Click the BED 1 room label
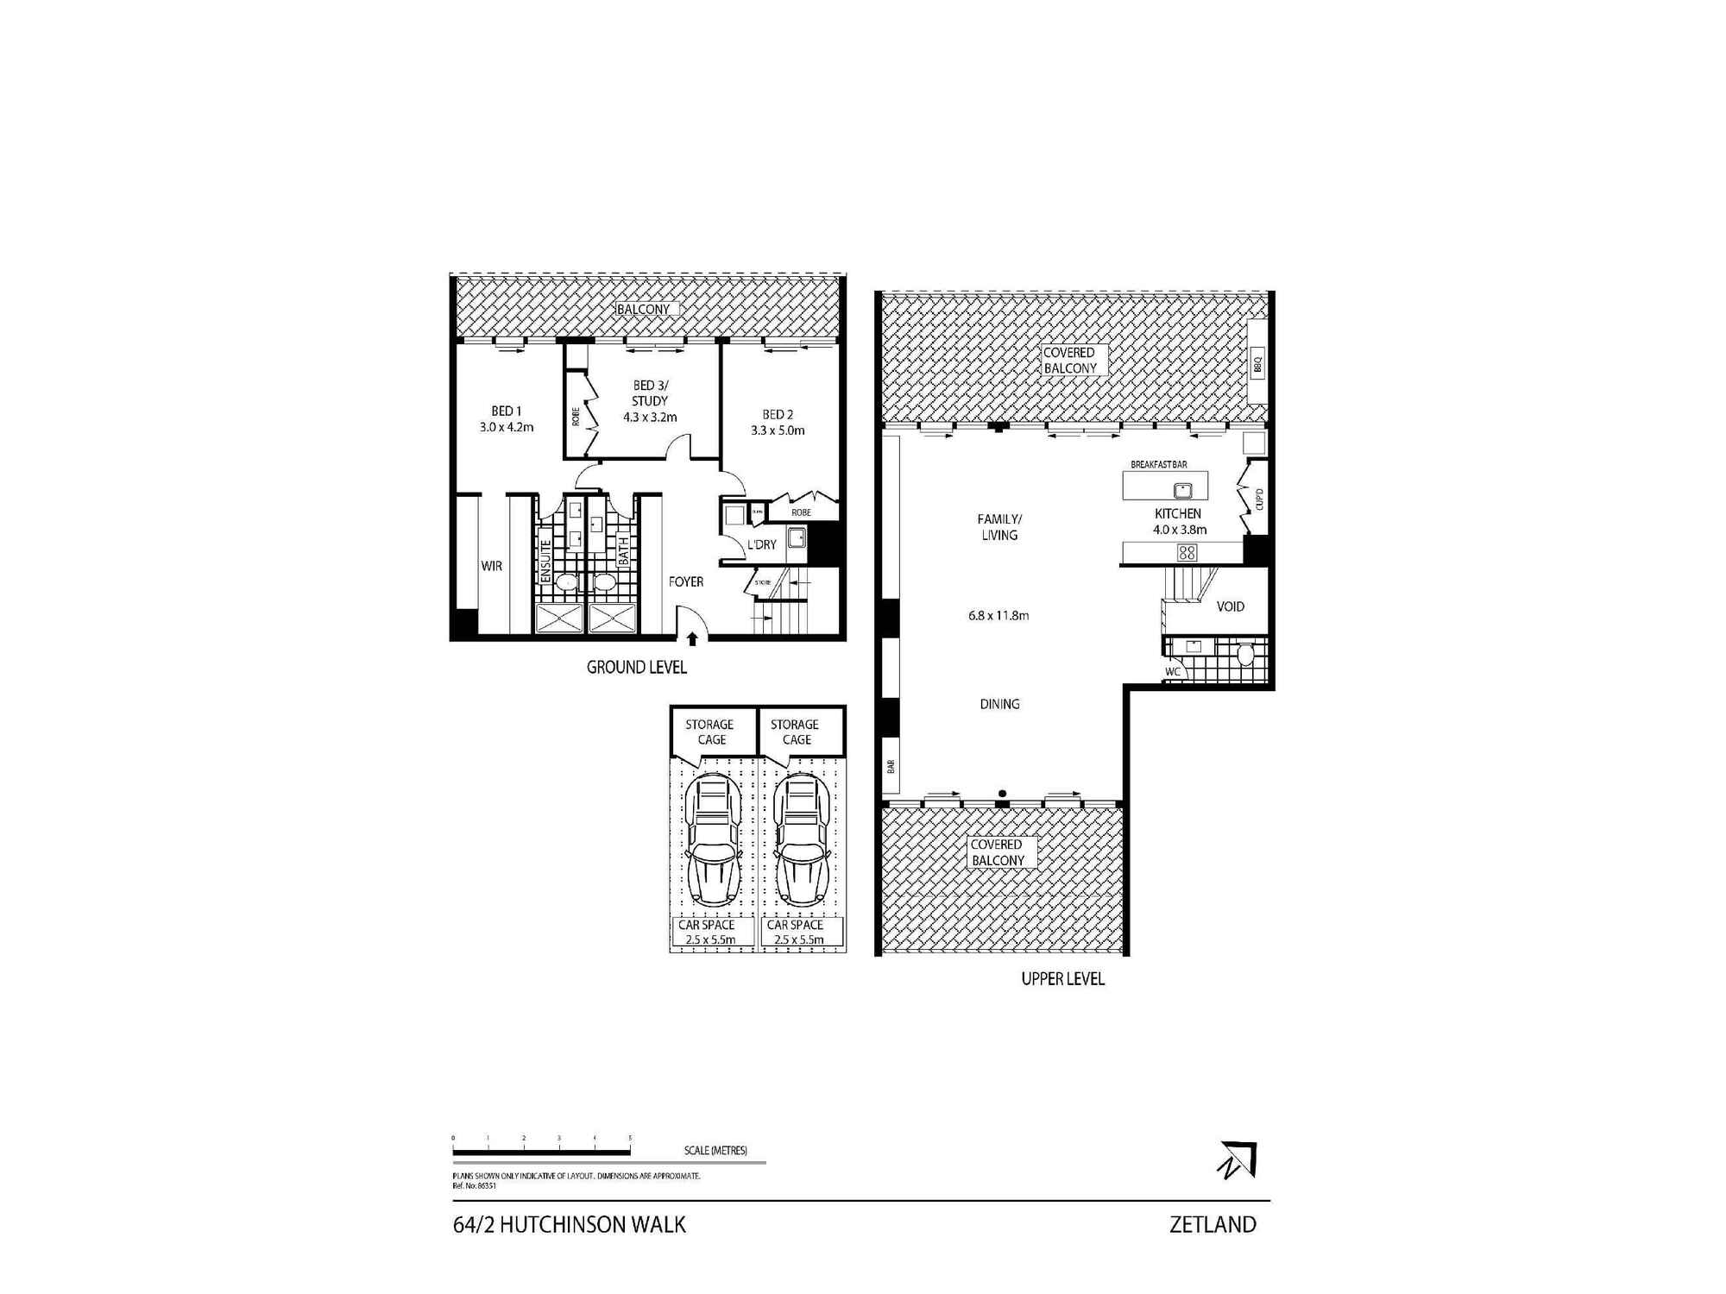click(507, 411)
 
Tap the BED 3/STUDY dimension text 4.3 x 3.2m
click(650, 418)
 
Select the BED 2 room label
click(778, 415)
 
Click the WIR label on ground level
click(492, 566)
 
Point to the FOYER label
click(686, 582)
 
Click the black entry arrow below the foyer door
click(692, 638)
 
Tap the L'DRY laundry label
click(762, 544)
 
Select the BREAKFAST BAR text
click(1159, 465)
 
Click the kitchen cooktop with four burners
click(1187, 552)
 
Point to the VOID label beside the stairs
click(1231, 606)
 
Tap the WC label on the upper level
click(1172, 672)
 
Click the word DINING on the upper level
click(999, 705)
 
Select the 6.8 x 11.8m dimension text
click(998, 616)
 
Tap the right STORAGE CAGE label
click(796, 732)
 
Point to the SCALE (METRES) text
click(715, 1151)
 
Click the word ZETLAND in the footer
click(1213, 1225)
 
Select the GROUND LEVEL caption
click(637, 667)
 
